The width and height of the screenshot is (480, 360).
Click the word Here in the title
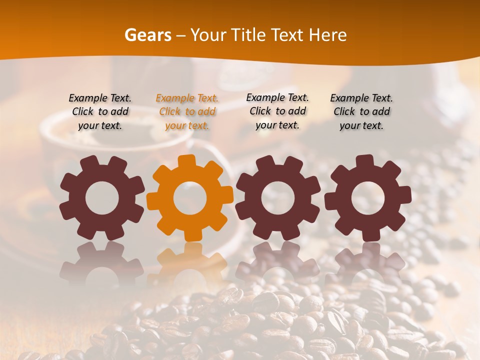click(327, 35)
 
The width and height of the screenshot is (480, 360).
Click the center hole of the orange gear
click(190, 198)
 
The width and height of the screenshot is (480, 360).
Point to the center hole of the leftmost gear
click(102, 198)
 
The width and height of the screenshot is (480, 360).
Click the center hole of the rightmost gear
click(367, 198)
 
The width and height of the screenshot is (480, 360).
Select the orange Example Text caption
click(187, 112)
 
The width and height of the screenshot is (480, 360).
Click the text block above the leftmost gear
click(100, 112)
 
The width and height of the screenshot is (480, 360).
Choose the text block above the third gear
click(277, 111)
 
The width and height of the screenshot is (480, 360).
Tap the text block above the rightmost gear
click(361, 112)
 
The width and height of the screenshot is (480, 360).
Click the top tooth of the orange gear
click(190, 161)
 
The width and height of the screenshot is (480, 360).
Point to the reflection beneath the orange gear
click(190, 260)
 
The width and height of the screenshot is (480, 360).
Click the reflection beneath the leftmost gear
click(102, 260)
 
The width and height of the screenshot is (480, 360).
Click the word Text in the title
click(287, 35)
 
